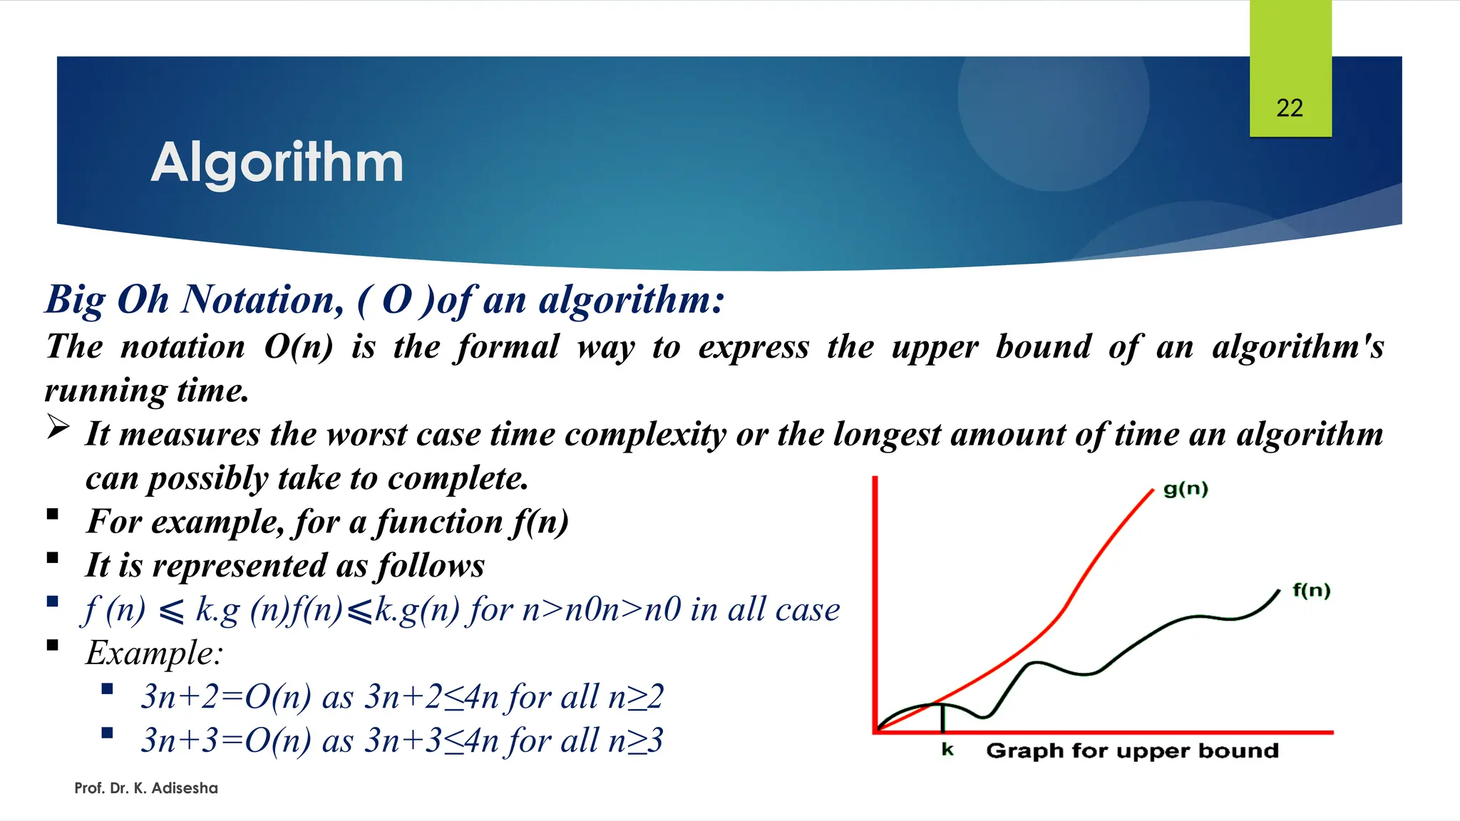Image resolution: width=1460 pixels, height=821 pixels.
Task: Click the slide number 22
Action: [x=1289, y=108]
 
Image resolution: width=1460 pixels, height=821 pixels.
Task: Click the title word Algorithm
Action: [x=277, y=162]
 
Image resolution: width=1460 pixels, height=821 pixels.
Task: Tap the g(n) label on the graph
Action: [x=1185, y=490]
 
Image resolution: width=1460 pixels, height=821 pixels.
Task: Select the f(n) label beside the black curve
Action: [x=1311, y=591]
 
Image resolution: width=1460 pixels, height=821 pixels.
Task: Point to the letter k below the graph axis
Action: [x=947, y=750]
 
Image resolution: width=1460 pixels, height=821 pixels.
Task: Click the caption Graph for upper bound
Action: [x=1132, y=751]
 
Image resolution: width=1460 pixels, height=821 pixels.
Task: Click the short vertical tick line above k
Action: [x=943, y=718]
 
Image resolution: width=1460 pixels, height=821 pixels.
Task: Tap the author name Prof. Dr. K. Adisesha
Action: [x=146, y=788]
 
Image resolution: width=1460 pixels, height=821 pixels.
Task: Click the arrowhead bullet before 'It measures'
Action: [x=58, y=428]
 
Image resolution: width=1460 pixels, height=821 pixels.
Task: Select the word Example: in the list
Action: [x=154, y=653]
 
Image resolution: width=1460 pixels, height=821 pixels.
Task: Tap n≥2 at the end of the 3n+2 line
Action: [x=635, y=697]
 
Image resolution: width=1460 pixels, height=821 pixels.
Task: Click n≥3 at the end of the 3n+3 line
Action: [x=635, y=740]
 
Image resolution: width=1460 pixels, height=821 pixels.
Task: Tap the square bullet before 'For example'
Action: [x=52, y=515]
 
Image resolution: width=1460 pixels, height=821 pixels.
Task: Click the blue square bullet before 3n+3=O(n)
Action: [x=108, y=733]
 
